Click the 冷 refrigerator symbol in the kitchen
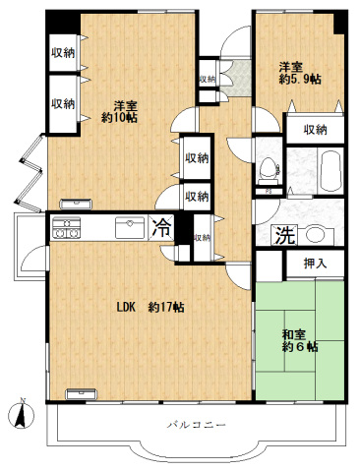point(160,228)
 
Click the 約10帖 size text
point(119,118)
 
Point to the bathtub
point(329,173)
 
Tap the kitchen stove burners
point(66,230)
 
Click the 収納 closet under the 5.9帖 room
point(315,129)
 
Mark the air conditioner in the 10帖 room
point(75,204)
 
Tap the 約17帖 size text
point(166,307)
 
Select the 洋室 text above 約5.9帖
point(293,65)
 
